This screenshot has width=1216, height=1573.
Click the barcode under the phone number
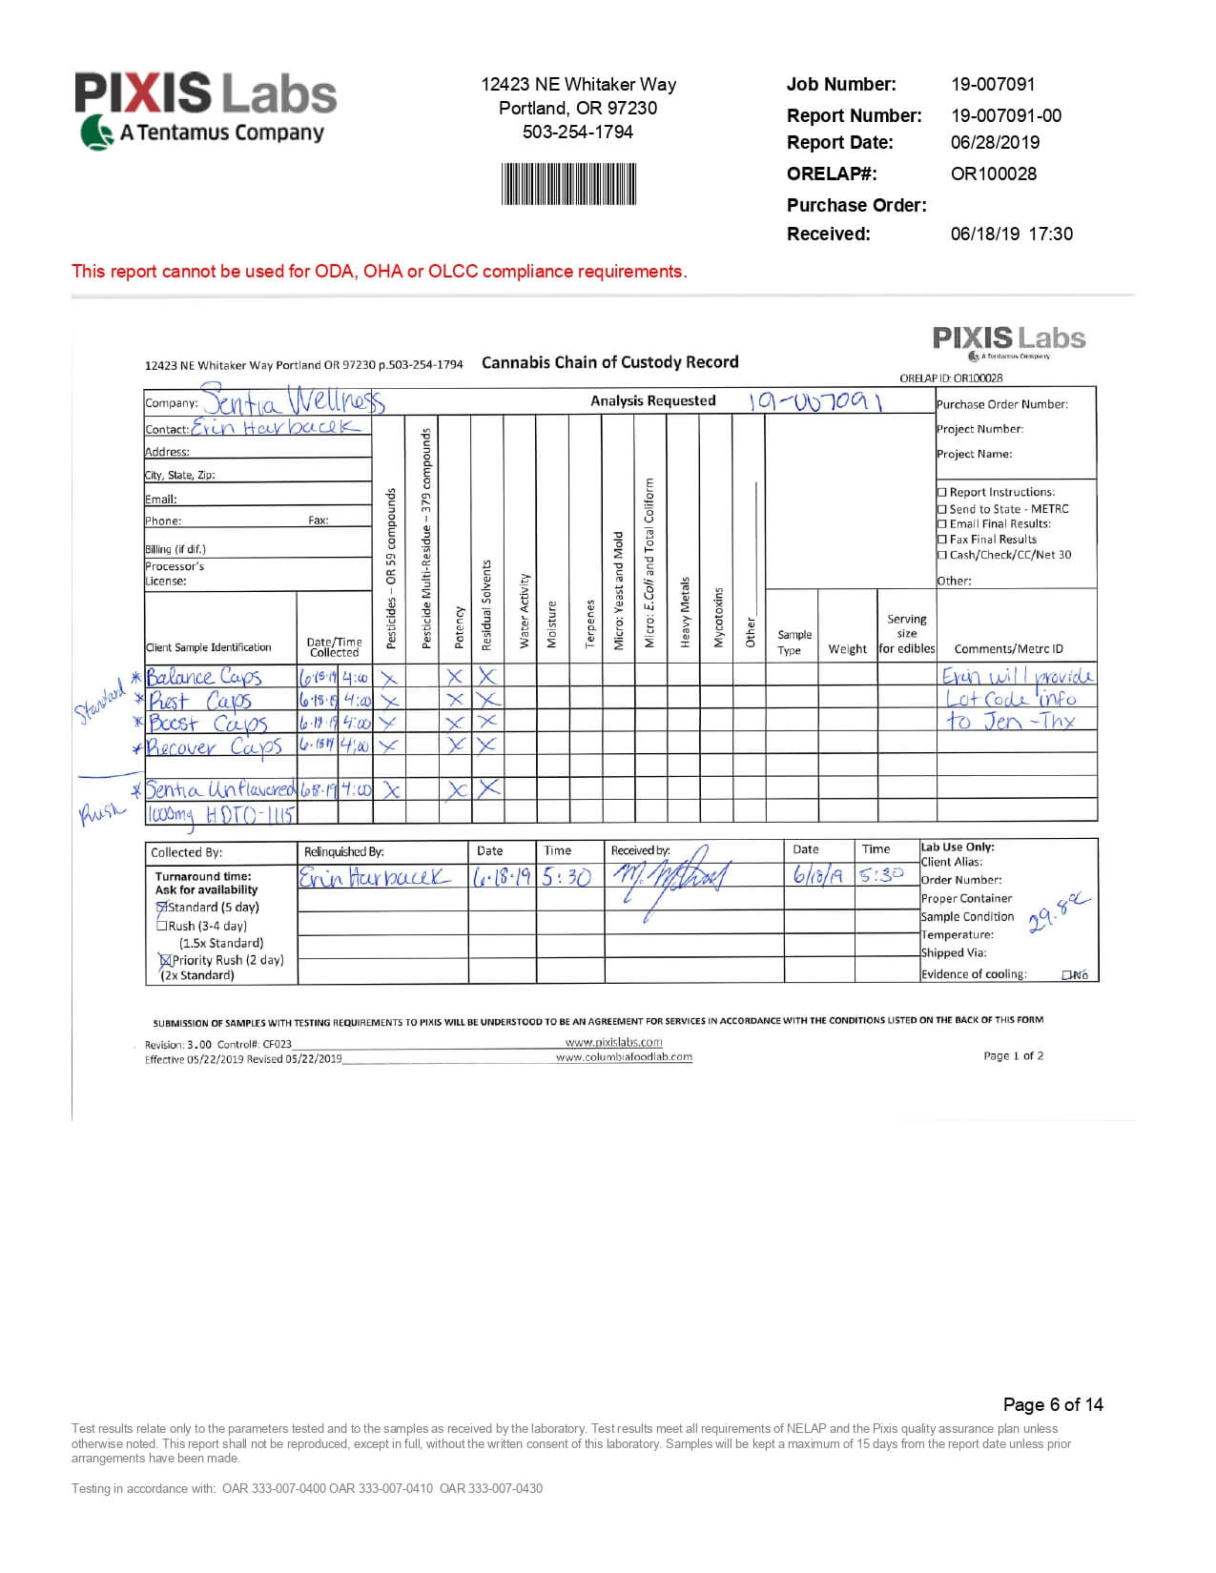568,184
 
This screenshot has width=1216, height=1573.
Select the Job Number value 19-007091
992,84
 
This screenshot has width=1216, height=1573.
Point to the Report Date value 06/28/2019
995,142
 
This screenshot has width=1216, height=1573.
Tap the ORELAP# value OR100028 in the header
993,174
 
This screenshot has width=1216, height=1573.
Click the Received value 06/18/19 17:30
1011,234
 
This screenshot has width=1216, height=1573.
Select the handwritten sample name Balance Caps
204,677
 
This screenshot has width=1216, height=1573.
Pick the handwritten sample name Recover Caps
216,746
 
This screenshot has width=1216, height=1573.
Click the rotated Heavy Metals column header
685,612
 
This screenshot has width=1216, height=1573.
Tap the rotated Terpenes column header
590,623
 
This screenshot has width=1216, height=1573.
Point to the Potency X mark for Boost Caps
456,723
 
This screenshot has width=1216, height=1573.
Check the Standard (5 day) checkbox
162,907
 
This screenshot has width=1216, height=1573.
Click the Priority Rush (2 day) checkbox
165,960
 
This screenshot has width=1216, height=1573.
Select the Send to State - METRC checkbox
942,509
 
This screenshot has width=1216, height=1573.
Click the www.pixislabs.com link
613,1042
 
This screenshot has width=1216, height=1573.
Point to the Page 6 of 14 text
1052,1404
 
